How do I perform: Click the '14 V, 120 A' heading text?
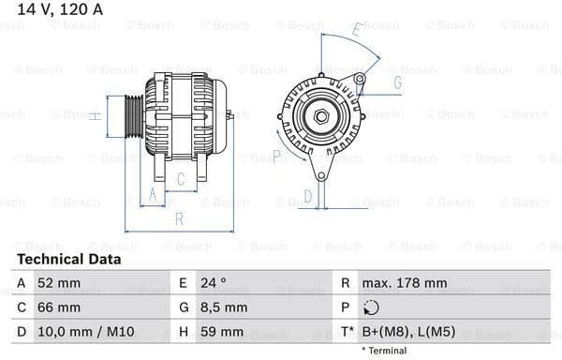click(54, 10)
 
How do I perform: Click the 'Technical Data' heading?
click(68, 259)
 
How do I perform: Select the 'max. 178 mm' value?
click(406, 282)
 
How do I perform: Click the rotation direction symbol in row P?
click(372, 307)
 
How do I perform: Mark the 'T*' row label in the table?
click(348, 332)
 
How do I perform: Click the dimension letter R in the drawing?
click(178, 219)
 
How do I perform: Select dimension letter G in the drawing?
click(397, 82)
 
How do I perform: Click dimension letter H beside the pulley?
click(95, 116)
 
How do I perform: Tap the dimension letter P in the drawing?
click(277, 155)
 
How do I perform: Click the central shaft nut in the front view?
click(320, 115)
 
